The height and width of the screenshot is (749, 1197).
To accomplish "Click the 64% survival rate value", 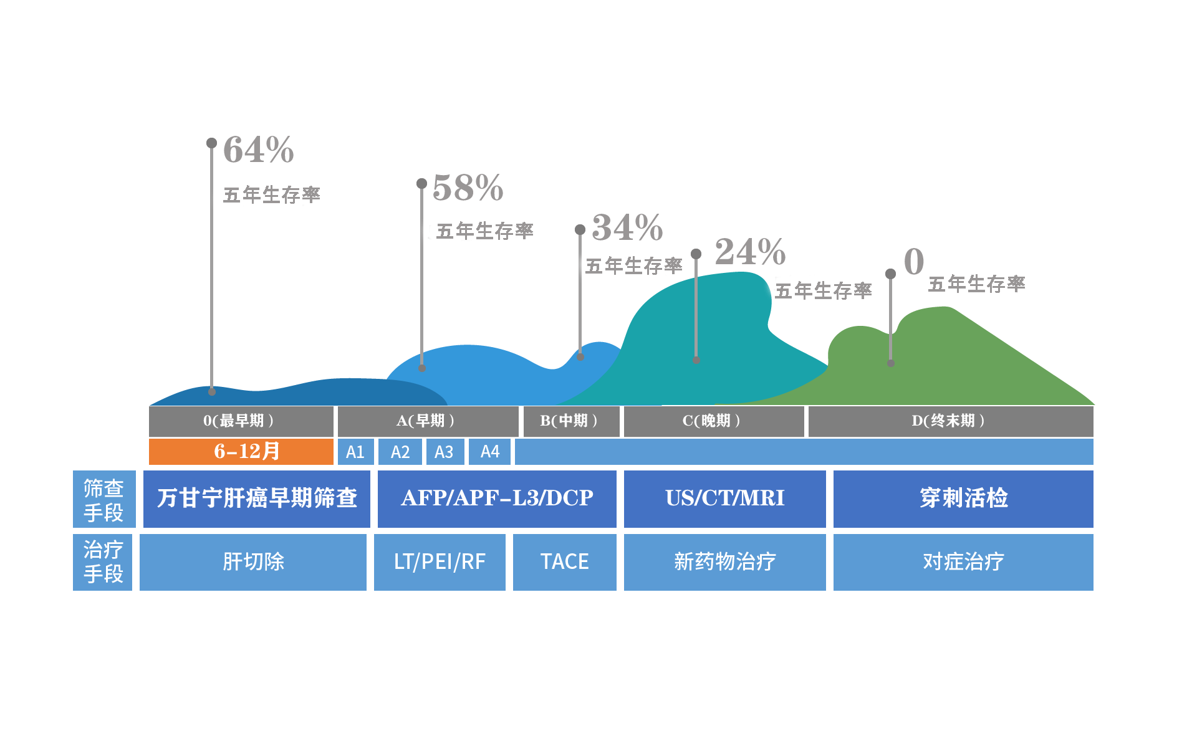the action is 258,150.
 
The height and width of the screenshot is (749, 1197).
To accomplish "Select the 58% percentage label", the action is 468,188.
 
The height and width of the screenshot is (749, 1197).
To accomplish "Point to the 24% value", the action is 750,252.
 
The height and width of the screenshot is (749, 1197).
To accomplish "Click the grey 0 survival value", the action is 914,261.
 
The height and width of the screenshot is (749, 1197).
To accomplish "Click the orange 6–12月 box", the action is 241,452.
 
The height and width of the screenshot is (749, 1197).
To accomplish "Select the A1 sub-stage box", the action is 355,452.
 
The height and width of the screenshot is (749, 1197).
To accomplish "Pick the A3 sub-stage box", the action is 445,452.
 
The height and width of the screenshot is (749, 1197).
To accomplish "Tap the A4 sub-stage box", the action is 490,452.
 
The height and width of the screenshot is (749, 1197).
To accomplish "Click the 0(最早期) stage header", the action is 241,421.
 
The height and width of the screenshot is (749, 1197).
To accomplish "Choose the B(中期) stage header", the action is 570,421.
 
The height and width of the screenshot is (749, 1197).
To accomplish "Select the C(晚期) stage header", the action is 714,421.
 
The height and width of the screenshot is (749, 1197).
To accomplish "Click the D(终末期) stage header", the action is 951,421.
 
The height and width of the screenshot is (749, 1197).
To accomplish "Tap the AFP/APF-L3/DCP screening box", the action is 497,499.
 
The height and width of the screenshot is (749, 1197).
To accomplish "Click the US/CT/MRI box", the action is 724,499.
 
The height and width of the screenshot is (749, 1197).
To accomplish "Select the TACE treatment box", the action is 565,562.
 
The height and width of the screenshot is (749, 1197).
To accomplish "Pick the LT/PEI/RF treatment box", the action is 440,562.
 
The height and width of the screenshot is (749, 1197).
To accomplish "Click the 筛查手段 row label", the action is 104,499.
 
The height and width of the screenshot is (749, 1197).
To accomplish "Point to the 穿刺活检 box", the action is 963,499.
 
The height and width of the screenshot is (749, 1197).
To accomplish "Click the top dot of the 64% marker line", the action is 212,143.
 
